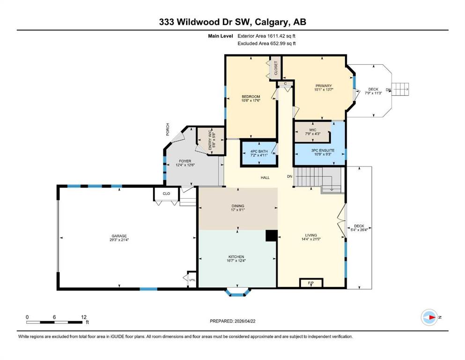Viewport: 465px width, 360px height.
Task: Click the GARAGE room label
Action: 119,236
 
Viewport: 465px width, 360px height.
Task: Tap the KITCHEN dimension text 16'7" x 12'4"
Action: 236,261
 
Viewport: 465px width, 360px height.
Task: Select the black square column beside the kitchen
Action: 271,236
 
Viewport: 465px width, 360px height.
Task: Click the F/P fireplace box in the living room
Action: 311,283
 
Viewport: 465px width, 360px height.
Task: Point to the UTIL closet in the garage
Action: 192,279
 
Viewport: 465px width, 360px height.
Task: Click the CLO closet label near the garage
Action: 166,194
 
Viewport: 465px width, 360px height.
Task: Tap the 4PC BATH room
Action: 259,153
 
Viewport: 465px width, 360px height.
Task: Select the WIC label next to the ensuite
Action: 312,130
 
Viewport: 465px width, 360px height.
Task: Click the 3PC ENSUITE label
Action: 323,150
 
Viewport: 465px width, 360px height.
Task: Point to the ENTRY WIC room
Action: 211,141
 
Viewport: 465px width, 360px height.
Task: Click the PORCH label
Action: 168,129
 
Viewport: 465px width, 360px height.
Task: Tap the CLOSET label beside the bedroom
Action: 276,68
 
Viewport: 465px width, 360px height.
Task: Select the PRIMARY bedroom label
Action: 324,86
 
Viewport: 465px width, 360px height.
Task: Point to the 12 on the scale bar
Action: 84,317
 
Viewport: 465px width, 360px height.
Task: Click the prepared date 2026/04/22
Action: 245,321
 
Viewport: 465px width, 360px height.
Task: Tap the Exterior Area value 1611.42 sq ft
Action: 281,36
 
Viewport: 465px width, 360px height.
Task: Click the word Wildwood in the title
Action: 198,22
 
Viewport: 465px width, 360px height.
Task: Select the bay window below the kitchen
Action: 236,292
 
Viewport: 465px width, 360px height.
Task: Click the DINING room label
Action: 238,206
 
